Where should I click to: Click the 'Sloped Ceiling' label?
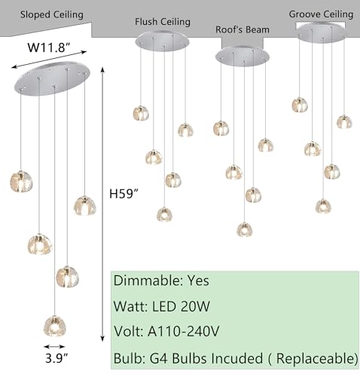pos(52,14)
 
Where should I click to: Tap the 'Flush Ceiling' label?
pos(163,22)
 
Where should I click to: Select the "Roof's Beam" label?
pos(243,29)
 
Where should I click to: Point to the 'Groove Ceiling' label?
pos(321,14)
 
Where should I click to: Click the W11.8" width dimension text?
pos(49,47)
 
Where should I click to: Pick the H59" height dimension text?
pos(124,194)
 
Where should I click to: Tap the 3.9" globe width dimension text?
pos(56,358)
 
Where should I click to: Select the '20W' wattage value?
pos(195,306)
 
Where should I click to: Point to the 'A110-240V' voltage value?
pos(184,331)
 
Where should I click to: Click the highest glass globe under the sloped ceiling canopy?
pos(21,182)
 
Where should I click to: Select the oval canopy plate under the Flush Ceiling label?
pos(162,41)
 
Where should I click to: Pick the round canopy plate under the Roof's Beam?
pos(243,56)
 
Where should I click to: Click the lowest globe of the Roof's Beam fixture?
pos(245,229)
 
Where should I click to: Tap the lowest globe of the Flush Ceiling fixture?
pos(164,214)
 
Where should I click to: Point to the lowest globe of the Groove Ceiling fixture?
pos(323,206)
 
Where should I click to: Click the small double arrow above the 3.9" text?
pos(54,347)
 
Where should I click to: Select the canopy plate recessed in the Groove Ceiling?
pos(322,32)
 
